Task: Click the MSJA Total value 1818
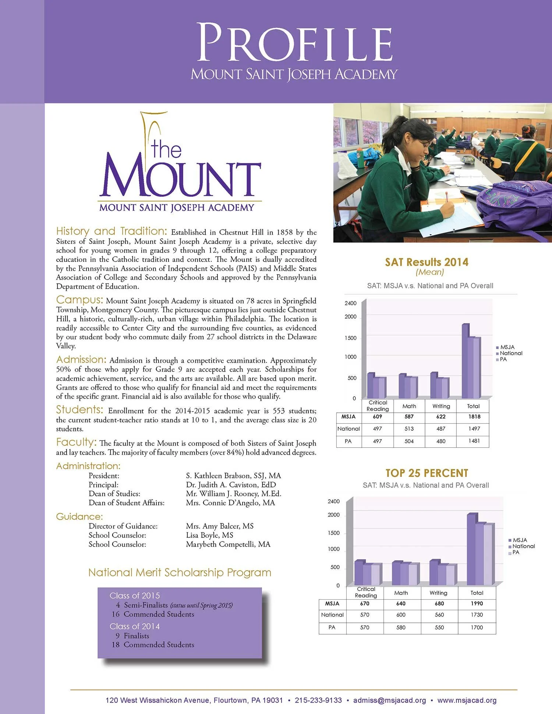point(474,416)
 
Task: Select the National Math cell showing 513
point(409,429)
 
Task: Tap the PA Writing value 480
point(440,441)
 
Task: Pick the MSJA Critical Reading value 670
point(364,603)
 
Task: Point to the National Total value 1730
point(477,615)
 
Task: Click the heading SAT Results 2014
point(427,262)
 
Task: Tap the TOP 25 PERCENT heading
point(427,473)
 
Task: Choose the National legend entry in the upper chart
point(511,353)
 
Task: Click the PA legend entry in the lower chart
point(516,553)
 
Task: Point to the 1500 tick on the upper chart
point(350,338)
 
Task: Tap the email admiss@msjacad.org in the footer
point(389,700)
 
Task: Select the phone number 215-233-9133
point(318,700)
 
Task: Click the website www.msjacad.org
point(467,700)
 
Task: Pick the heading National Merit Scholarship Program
point(180,572)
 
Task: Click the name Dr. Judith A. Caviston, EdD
point(231,485)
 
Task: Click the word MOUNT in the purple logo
point(180,179)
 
